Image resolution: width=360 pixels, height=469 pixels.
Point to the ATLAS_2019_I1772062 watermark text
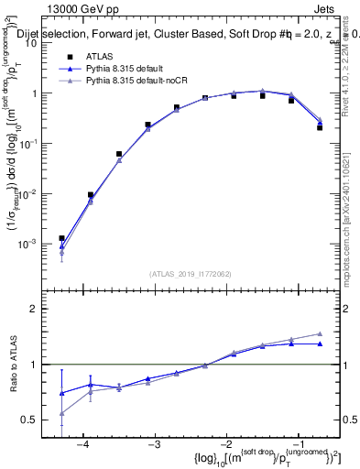[x=190, y=272]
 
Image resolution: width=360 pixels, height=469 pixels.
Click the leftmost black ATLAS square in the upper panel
[x=61, y=238]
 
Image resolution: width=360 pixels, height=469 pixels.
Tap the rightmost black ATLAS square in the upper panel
[x=320, y=127]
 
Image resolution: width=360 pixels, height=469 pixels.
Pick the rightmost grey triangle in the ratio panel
[x=320, y=334]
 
